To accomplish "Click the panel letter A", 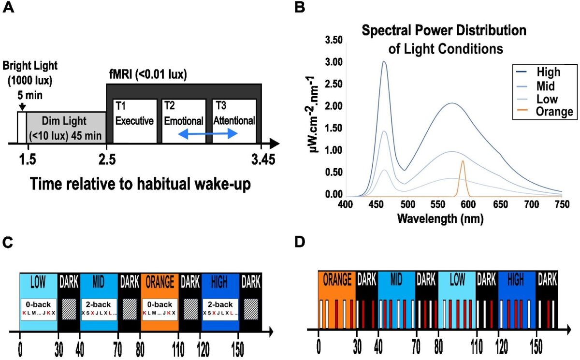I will [11, 9].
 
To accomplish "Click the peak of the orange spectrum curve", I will [463, 161].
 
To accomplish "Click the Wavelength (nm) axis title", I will [440, 218].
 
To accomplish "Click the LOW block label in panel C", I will [38, 282].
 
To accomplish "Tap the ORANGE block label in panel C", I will [159, 282].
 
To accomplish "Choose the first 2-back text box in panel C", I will [99, 309].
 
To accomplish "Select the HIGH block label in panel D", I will [517, 279].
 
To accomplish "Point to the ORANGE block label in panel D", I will [337, 279].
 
